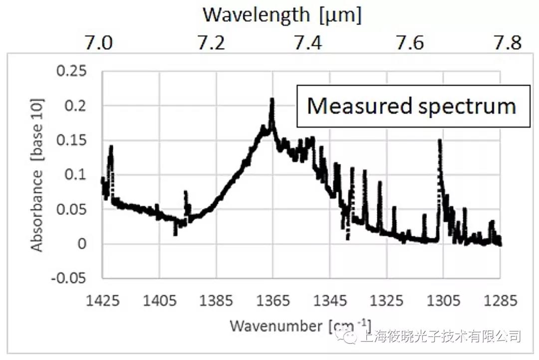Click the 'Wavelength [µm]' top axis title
[x=281, y=15]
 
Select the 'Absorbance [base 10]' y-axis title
[x=37, y=175]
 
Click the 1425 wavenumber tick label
[x=103, y=301]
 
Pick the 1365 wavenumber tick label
[x=273, y=301]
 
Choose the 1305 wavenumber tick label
[x=443, y=301]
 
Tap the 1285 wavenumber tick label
[x=500, y=301]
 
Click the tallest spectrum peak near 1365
[x=272, y=100]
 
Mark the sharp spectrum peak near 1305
[x=440, y=141]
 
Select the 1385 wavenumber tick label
[x=217, y=301]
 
